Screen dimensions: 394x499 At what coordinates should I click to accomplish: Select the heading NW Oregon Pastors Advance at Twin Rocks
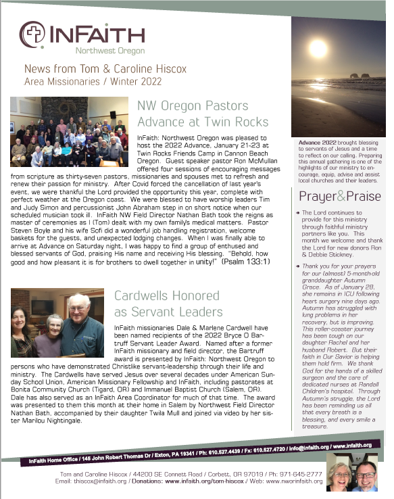pos(202,114)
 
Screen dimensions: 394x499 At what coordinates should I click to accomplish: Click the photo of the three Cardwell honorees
pos(57,324)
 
